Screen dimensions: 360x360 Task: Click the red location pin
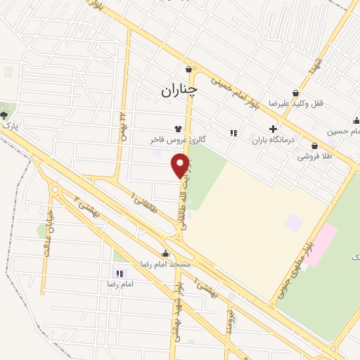pyautogui.click(x=181, y=165)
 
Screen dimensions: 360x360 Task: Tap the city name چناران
pyautogui.click(x=179, y=89)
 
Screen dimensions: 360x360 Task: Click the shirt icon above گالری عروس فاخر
pyautogui.click(x=178, y=129)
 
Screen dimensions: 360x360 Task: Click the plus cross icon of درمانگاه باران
pyautogui.click(x=273, y=129)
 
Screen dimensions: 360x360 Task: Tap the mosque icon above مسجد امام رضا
pyautogui.click(x=165, y=253)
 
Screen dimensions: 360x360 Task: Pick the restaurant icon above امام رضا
pyautogui.click(x=119, y=273)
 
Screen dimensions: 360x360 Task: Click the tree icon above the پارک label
pyautogui.click(x=5, y=114)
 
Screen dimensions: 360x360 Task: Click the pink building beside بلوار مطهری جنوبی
pyautogui.click(x=320, y=243)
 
